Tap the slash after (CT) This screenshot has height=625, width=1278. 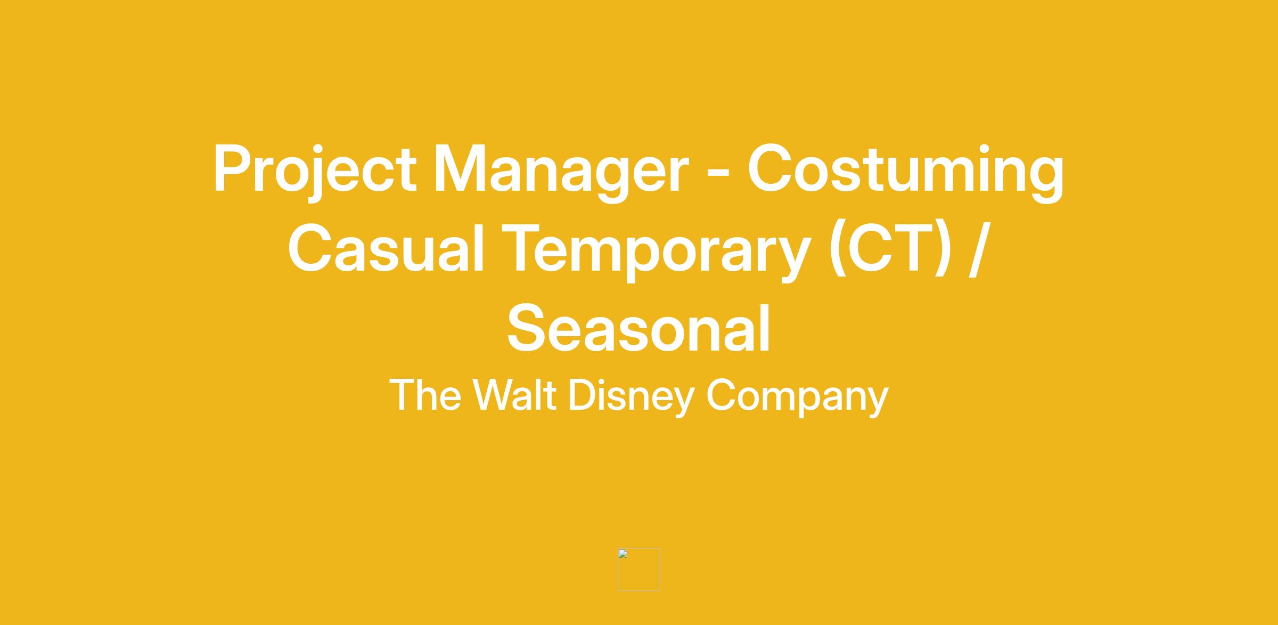pos(980,249)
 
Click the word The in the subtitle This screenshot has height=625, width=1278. pos(425,395)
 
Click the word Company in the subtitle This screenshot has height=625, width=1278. pos(798,397)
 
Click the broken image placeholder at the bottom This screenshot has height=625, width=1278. pos(638,569)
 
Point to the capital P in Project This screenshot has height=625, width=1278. pos(233,168)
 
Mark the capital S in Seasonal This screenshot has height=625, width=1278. pos(528,327)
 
